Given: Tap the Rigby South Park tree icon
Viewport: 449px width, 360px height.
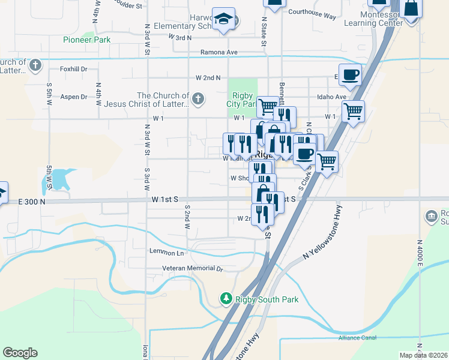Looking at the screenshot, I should point(226,298).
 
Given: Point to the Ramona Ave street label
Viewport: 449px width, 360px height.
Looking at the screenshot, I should point(219,52).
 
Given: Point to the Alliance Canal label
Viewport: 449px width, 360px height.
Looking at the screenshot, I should point(357,337).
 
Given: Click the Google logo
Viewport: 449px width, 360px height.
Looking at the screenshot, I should point(20,353).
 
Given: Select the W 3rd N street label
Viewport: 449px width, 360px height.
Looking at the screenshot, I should point(180,37).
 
